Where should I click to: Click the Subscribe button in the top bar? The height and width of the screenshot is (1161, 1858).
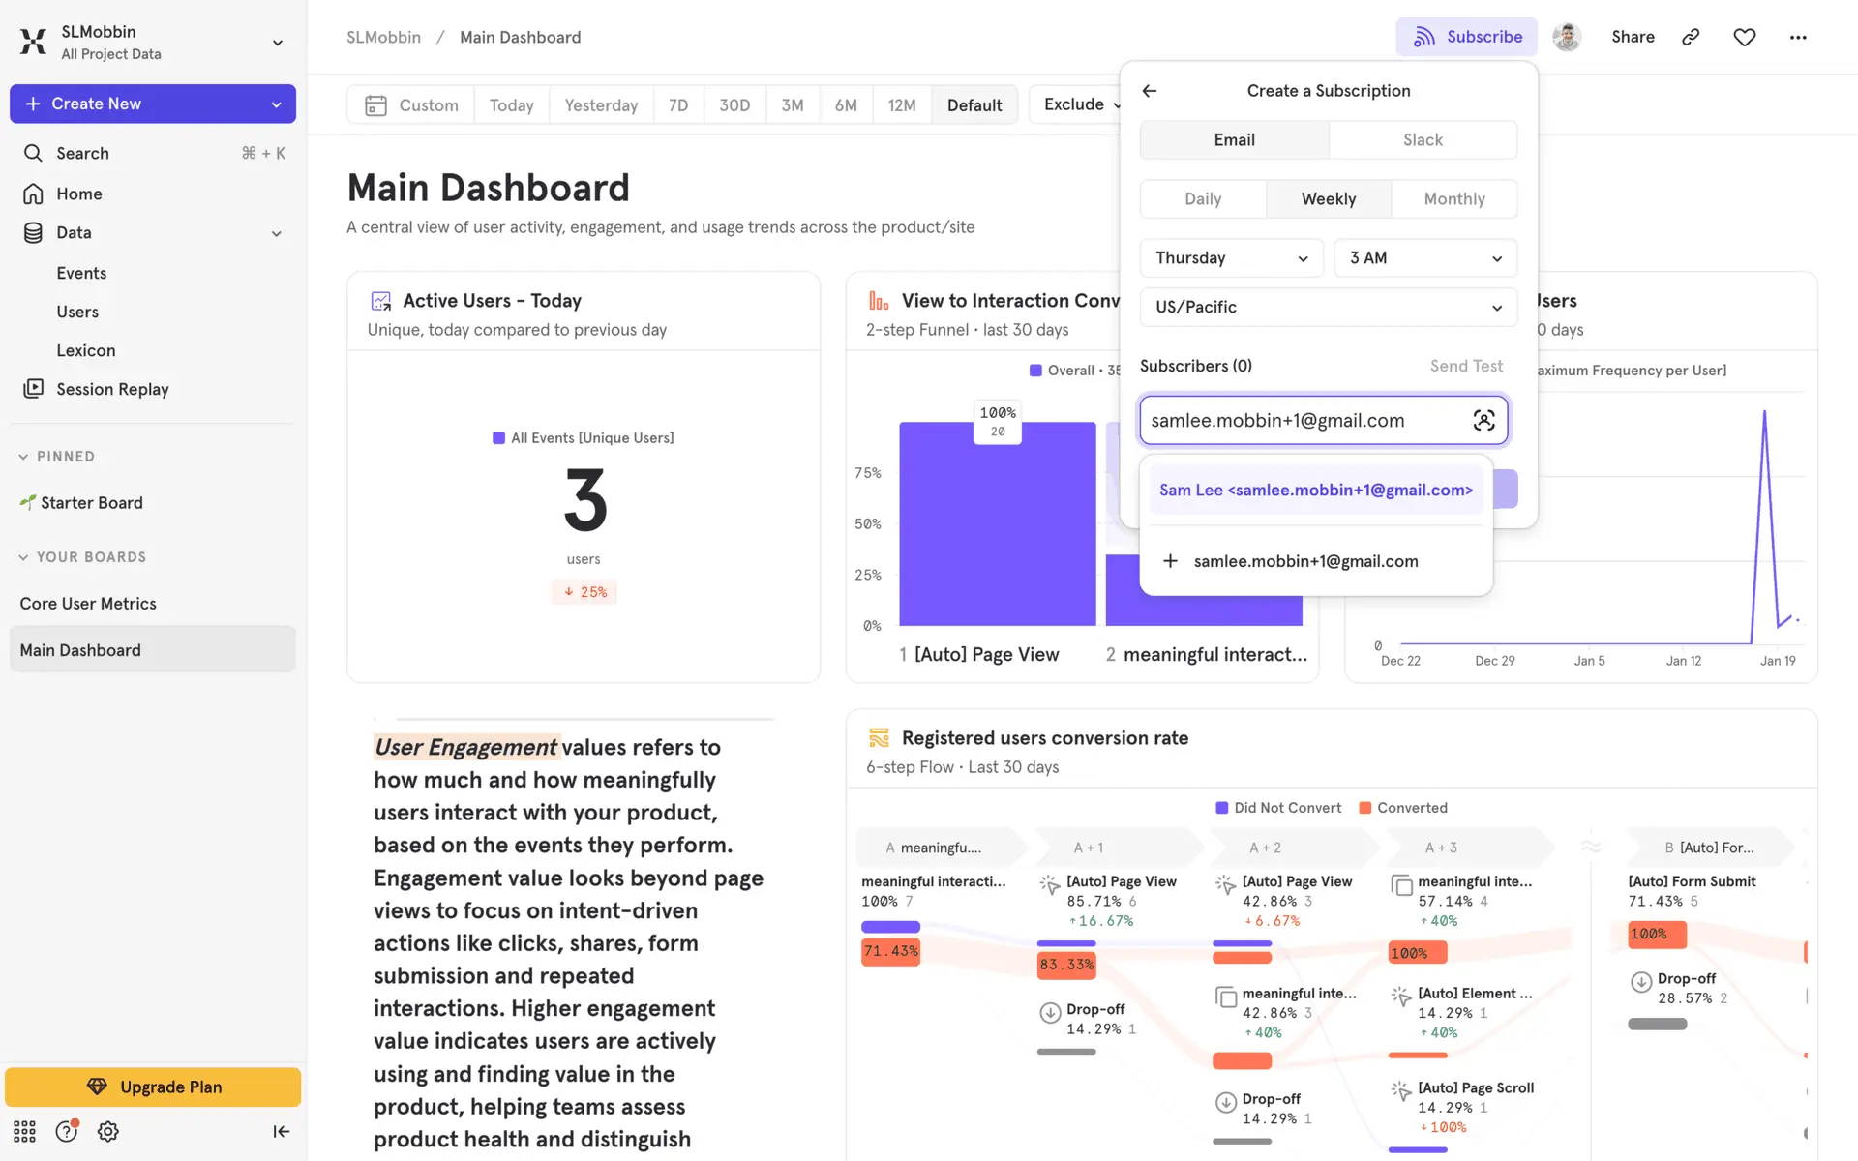(1466, 37)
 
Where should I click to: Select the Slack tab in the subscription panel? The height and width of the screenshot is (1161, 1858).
(1423, 140)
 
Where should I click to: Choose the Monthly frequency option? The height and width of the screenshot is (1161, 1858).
(1453, 199)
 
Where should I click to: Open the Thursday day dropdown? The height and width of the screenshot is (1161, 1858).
(1231, 258)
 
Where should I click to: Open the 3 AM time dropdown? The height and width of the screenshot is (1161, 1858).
(1425, 258)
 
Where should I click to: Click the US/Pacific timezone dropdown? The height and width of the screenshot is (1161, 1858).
(1328, 308)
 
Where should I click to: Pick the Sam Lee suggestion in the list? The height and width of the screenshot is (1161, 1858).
(1316, 491)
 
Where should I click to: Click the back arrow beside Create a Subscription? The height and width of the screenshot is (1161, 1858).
(1150, 91)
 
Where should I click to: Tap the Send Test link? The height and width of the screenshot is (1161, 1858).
(1466, 366)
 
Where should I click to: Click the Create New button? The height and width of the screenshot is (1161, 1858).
(153, 104)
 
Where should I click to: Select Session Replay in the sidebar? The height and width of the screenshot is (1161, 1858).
(112, 389)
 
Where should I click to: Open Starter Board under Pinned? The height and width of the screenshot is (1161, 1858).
(91, 503)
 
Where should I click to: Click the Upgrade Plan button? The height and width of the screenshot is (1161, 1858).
(153, 1087)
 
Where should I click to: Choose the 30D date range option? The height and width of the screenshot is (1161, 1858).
(734, 105)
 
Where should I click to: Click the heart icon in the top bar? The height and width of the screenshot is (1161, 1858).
(1744, 37)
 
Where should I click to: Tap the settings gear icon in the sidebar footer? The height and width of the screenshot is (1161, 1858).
(108, 1131)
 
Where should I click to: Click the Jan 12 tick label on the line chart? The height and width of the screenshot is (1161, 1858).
(1683, 661)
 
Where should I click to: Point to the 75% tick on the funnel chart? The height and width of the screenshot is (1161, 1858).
(868, 473)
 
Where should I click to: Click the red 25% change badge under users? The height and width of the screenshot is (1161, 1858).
(584, 592)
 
